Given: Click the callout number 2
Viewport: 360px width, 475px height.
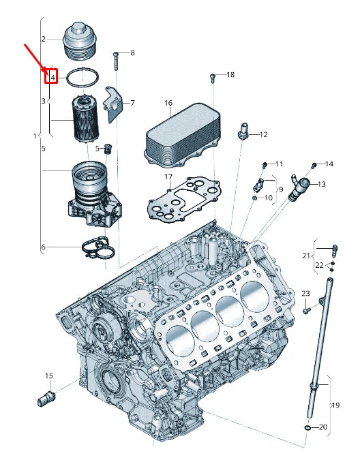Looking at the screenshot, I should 43,39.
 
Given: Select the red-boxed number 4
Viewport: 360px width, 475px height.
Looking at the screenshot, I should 52,77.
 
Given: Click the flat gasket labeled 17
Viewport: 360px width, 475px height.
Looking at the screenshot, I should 183,199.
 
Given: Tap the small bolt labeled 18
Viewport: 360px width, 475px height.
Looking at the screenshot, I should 213,78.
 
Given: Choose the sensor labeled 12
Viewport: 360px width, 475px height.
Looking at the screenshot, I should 242,132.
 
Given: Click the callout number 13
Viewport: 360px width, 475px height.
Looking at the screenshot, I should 322,184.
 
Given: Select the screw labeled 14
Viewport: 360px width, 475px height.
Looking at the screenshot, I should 314,166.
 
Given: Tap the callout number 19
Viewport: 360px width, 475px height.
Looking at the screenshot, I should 335,405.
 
